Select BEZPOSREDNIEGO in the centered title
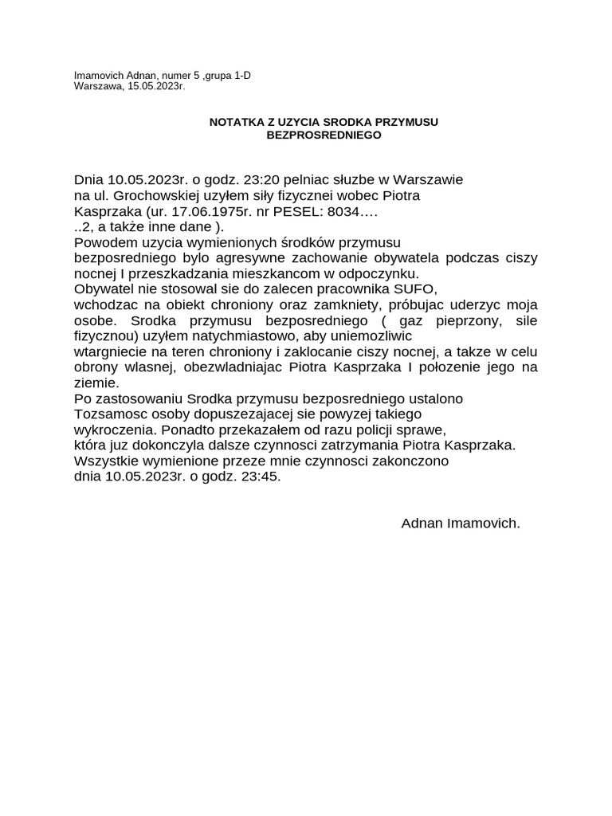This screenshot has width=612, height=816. coord(324,135)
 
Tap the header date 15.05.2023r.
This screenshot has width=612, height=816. coord(155,86)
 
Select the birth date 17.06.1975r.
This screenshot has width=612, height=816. coord(208,212)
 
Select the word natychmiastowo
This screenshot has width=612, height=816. coord(253,335)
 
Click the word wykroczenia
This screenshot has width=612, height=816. coord(115,430)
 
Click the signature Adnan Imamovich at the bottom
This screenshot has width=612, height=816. coord(461,524)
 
